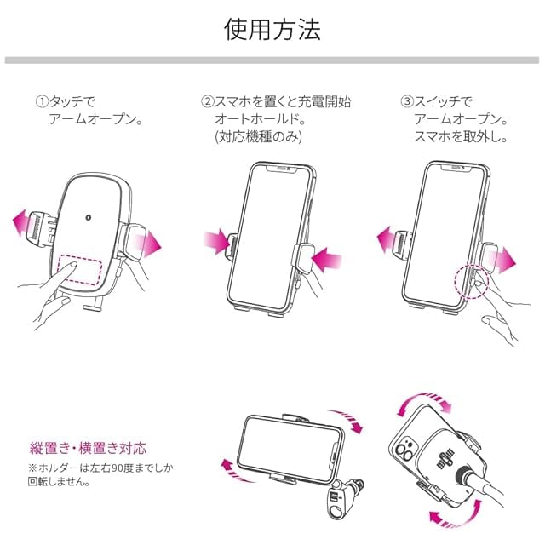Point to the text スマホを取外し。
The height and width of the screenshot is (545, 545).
point(460,136)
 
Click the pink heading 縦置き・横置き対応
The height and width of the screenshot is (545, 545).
point(88,448)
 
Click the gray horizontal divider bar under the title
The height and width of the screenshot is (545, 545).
point(272,60)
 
